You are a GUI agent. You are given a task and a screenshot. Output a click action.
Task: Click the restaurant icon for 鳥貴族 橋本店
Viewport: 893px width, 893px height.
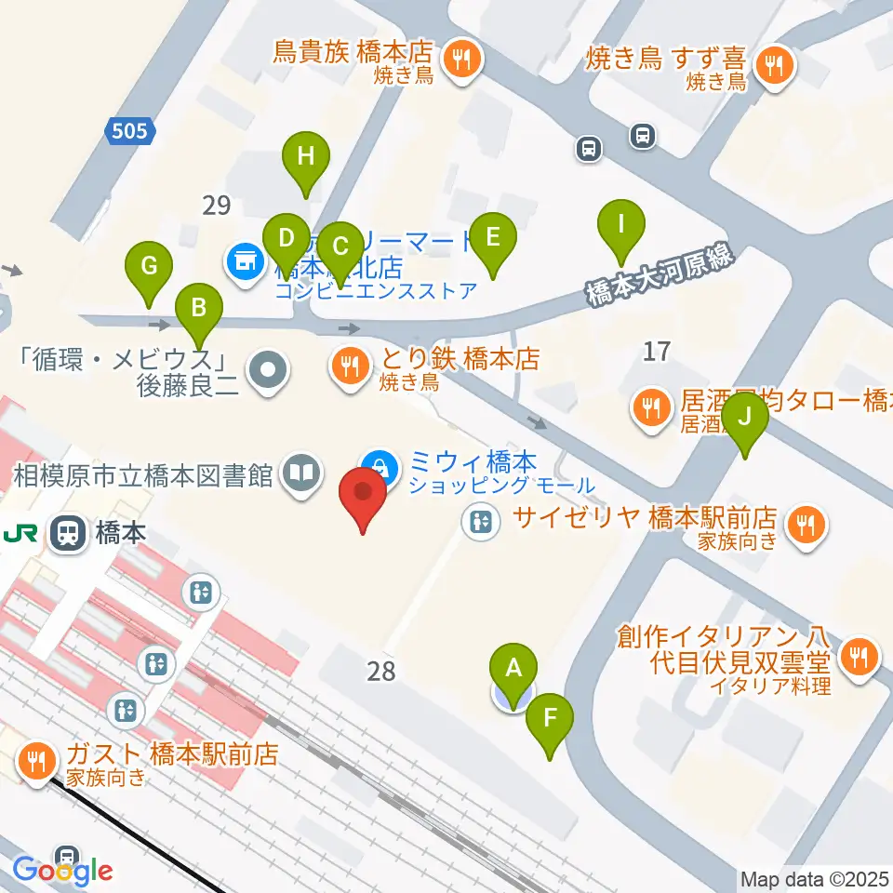[x=460, y=60]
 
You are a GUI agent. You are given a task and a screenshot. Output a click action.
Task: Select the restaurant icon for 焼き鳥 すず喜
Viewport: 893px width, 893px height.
[x=771, y=64]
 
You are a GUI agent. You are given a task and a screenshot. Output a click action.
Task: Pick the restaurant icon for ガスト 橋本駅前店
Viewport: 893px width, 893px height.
[x=37, y=761]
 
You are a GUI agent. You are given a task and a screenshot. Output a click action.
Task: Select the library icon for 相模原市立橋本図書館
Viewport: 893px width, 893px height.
[x=301, y=474]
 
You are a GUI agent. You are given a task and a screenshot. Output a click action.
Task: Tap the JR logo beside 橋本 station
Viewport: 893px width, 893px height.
[x=19, y=534]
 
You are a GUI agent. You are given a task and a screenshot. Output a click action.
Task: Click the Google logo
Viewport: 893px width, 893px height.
[x=62, y=871]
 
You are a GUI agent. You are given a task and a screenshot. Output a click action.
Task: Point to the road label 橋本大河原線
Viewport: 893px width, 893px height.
[x=660, y=277]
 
